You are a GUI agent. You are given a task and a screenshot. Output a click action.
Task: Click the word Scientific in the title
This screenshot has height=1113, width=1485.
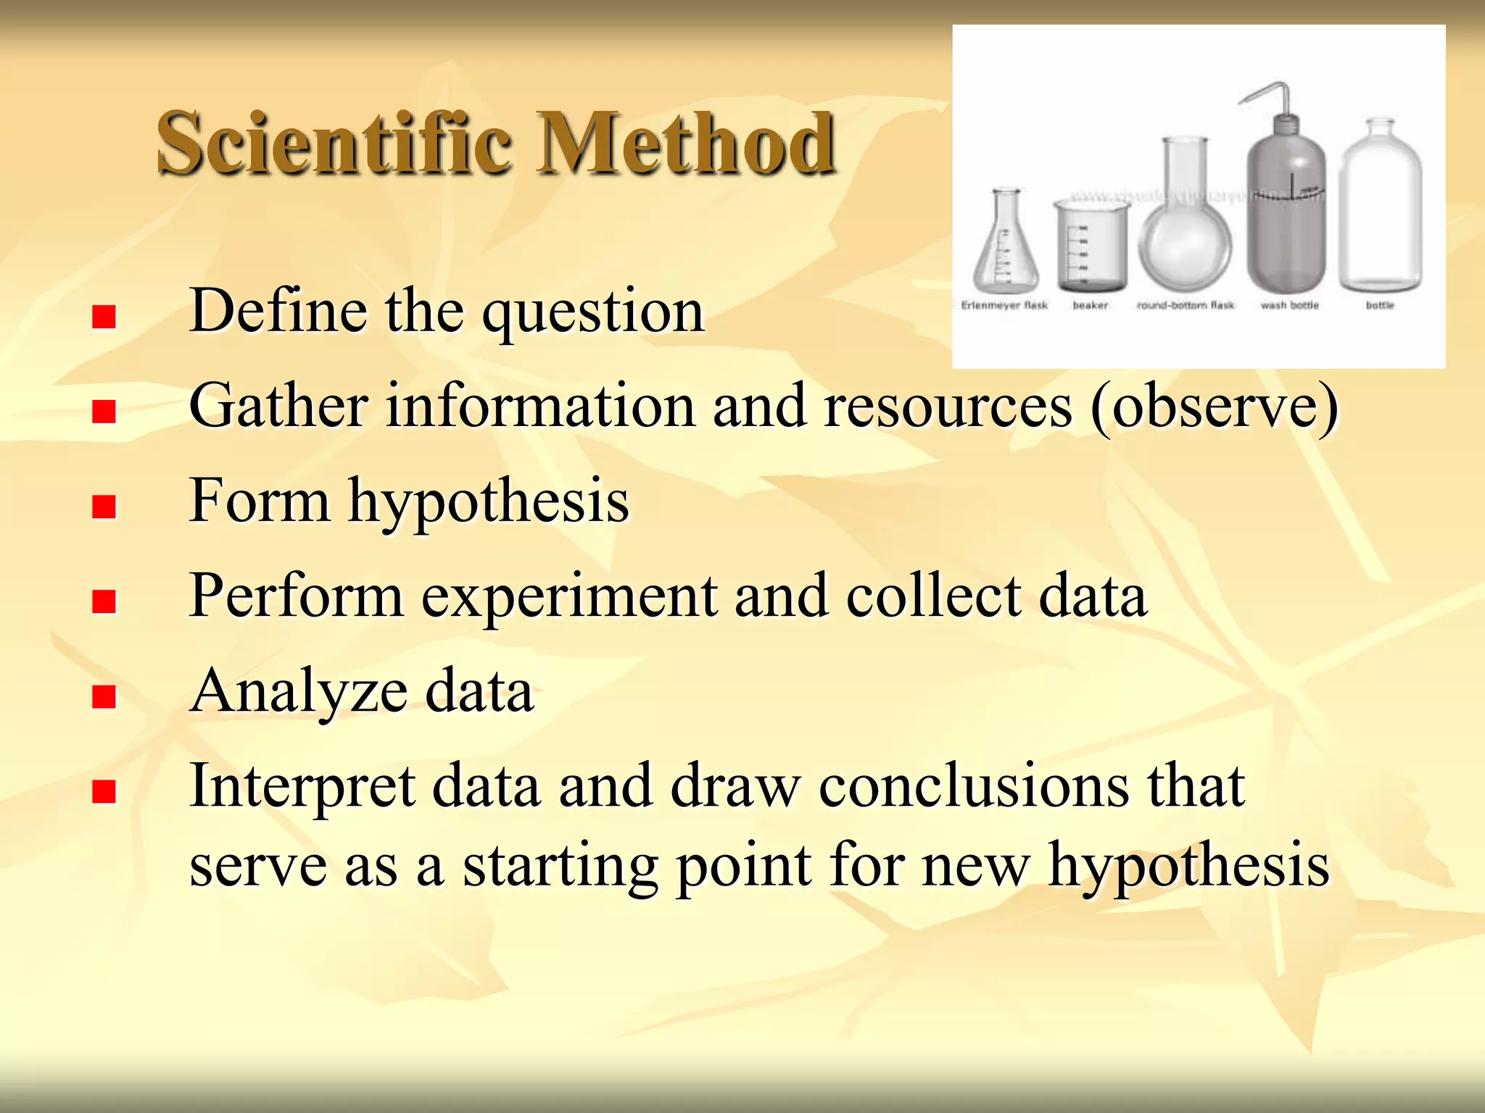click(334, 143)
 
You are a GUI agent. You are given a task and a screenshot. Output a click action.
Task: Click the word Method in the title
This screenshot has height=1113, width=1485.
click(685, 143)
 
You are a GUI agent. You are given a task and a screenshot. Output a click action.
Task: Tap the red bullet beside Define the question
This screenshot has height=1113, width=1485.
click(104, 317)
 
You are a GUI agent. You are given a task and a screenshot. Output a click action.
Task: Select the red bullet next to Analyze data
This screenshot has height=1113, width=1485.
click(104, 696)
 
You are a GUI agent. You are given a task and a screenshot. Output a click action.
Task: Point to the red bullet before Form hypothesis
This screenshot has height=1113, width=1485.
click(104, 507)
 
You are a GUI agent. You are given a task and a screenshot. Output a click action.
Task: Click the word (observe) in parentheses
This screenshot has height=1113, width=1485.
click(1215, 407)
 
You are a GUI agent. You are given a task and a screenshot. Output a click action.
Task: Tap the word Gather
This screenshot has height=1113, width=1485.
click(278, 407)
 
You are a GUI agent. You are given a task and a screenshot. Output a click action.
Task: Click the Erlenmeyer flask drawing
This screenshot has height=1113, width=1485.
click(1006, 246)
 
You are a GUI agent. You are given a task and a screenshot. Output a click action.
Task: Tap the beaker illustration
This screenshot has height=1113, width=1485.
click(1091, 246)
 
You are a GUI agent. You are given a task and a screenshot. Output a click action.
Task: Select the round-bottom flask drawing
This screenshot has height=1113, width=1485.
click(1185, 232)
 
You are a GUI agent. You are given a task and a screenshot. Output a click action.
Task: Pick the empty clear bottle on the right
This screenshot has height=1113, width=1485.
click(1381, 210)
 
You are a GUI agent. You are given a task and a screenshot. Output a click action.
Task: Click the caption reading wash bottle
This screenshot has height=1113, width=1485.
click(1289, 306)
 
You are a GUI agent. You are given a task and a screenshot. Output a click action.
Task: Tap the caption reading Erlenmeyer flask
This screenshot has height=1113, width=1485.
click(1004, 306)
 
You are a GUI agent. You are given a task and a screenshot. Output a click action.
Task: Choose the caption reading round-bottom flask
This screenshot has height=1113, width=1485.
click(1185, 306)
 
